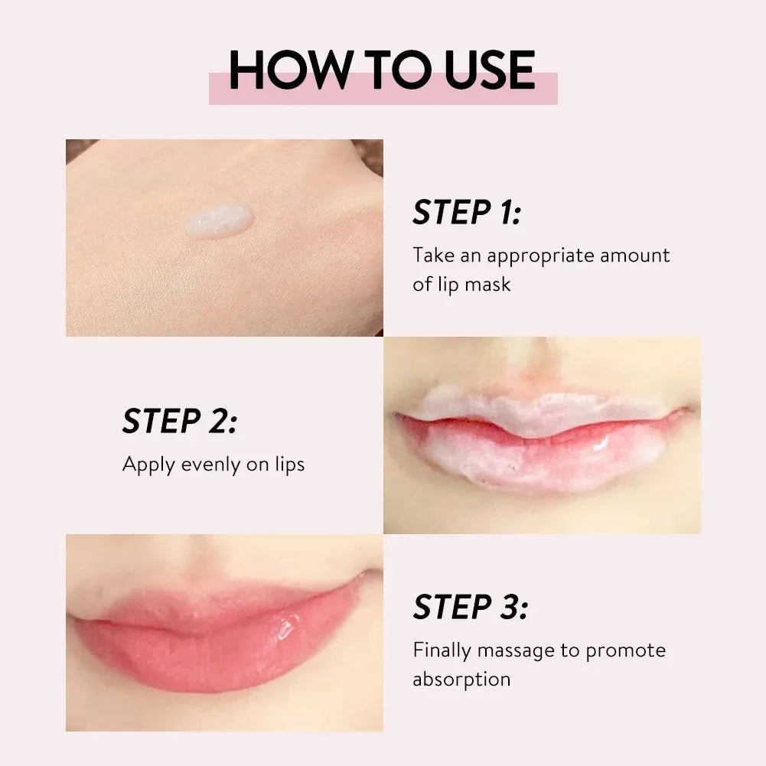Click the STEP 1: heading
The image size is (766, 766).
tap(467, 213)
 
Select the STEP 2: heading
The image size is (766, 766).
tap(180, 422)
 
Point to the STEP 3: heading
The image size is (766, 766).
tap(471, 608)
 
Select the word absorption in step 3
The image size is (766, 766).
tap(461, 679)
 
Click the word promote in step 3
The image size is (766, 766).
tap(625, 650)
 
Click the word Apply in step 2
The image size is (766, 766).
tap(148, 464)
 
